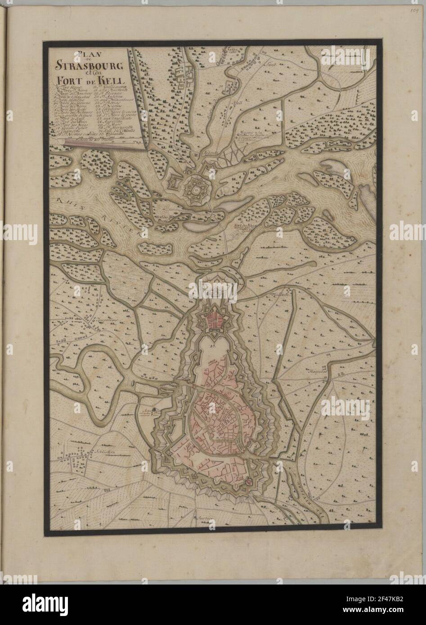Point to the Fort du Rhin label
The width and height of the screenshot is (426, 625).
click(245, 227)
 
